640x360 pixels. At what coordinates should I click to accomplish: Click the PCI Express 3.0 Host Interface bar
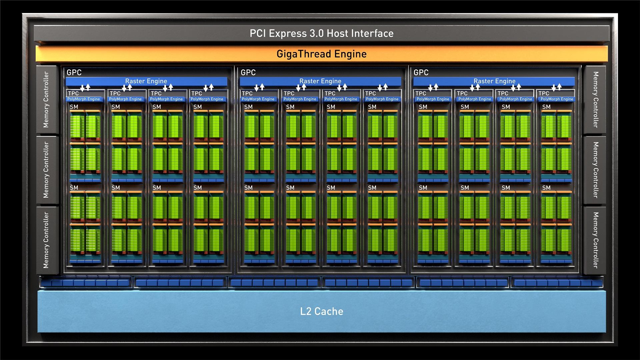[x=322, y=33]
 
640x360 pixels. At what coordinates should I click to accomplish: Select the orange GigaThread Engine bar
[x=322, y=54]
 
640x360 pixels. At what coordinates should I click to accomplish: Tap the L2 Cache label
[x=322, y=311]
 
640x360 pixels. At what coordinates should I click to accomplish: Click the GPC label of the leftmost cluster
[x=74, y=72]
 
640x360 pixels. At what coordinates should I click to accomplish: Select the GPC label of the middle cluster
[x=248, y=72]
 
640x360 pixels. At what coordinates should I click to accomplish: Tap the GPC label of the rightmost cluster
[x=421, y=72]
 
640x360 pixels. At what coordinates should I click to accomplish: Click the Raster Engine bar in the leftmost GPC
[x=146, y=81]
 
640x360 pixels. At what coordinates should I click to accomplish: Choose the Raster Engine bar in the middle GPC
[x=320, y=81]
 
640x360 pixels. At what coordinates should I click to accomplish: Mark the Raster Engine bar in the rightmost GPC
[x=494, y=81]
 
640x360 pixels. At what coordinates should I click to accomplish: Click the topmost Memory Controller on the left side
[x=47, y=100]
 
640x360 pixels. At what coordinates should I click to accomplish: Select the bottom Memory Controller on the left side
[x=47, y=240]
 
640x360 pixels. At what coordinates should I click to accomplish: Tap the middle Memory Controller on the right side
[x=595, y=170]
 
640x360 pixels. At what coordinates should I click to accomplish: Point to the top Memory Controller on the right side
[x=595, y=100]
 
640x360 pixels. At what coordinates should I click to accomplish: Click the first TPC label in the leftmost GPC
[x=73, y=93]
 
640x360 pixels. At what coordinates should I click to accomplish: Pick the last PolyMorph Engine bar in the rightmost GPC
[x=557, y=99]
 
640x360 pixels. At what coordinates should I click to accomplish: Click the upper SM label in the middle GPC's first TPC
[x=248, y=107]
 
